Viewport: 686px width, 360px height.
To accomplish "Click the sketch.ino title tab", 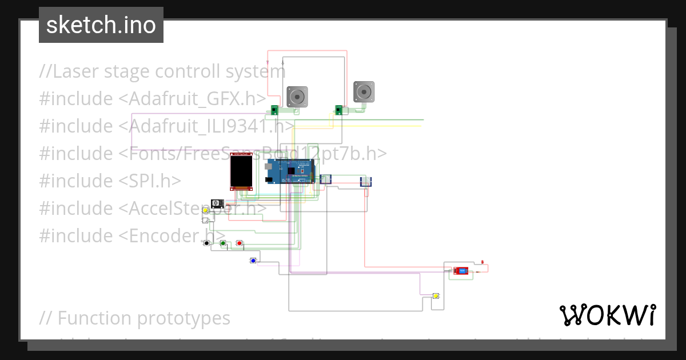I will [x=101, y=25].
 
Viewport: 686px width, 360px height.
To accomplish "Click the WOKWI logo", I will [x=608, y=315].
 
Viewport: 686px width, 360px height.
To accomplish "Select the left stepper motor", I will [x=297, y=97].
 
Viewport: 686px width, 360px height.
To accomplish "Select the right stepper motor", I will [x=364, y=91].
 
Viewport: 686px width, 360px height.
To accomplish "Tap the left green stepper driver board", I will [x=275, y=110].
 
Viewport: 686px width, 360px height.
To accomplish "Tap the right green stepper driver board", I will [x=338, y=110].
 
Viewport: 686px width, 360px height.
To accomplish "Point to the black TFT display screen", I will [x=241, y=171].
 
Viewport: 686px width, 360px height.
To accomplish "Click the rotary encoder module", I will [x=217, y=203].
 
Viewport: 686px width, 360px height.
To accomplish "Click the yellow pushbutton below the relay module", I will [x=436, y=296].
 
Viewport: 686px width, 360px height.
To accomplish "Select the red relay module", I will [x=461, y=271].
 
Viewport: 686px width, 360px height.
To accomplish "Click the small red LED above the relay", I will [x=482, y=262].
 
